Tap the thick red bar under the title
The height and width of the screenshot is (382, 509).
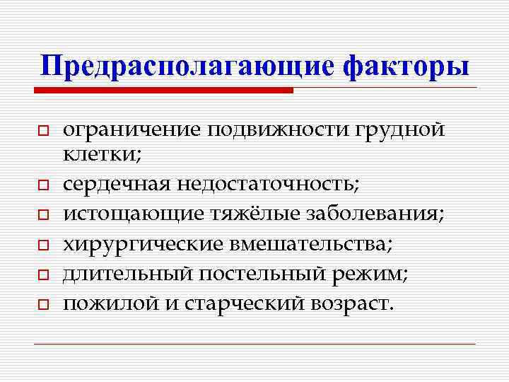(163, 91)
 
